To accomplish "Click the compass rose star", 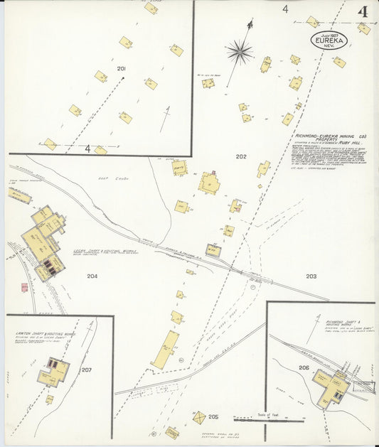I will point(240,51).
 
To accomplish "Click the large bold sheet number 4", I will point(363,12).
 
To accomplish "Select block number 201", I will point(122,68).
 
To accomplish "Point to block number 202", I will point(241,156).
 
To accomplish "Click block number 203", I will point(311,276).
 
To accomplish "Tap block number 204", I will point(92,276).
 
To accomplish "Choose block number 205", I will point(213,417).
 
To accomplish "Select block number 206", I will point(304,367).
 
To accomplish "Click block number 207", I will point(87,370).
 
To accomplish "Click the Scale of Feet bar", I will point(263,419).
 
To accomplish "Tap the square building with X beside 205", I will point(200,417).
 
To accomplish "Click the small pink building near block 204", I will point(25,287).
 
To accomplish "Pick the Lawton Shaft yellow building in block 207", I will point(54,372).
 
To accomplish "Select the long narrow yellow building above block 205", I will point(165,350).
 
